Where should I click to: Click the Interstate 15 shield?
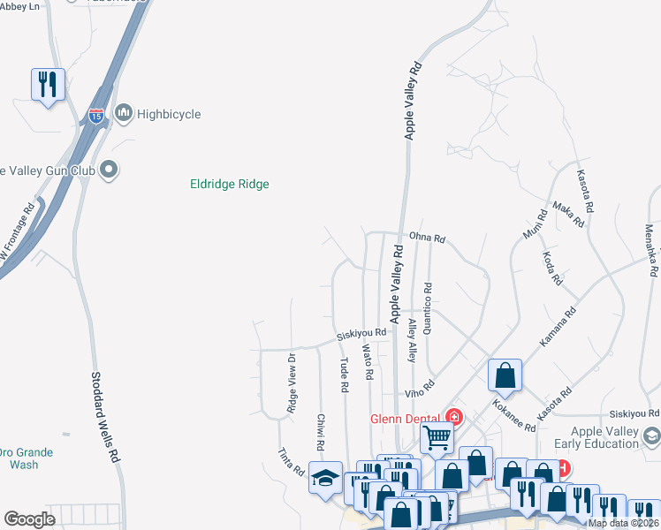click(96, 115)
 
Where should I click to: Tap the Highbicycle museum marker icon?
click(124, 113)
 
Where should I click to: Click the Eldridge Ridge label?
click(230, 185)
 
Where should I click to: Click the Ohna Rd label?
click(427, 238)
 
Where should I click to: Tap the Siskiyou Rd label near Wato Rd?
click(362, 334)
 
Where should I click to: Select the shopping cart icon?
click(437, 435)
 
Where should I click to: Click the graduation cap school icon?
click(324, 477)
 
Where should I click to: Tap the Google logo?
click(30, 519)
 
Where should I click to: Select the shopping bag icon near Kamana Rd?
click(504, 375)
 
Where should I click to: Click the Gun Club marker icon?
click(109, 168)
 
